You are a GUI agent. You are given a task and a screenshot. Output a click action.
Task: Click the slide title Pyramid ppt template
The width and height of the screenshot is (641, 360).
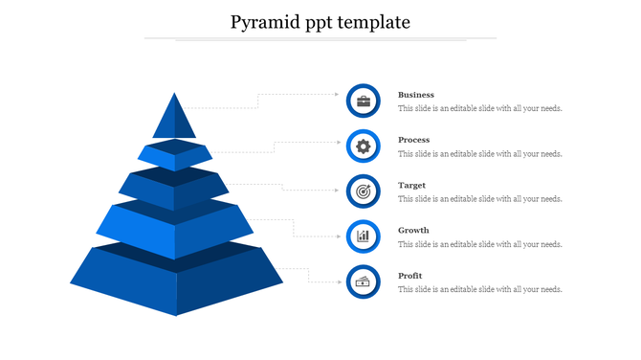[320, 21]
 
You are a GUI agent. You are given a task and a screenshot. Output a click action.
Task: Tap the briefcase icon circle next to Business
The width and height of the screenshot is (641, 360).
[364, 101]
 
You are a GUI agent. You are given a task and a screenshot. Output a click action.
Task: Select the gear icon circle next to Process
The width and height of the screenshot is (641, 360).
[364, 146]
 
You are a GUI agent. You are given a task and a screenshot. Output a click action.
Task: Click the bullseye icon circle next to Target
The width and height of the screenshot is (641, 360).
[364, 191]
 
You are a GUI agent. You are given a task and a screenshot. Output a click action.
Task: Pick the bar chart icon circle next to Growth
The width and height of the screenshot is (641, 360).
[364, 236]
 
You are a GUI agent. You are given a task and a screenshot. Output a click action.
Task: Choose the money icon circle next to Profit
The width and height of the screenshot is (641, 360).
[364, 281]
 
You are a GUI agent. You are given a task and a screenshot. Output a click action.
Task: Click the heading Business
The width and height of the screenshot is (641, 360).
[416, 95]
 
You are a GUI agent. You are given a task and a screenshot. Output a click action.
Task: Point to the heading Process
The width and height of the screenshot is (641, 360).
[413, 140]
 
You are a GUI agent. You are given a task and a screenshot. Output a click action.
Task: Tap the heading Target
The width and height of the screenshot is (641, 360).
[411, 185]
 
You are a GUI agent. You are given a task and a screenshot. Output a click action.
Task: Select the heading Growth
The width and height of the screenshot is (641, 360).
[413, 230]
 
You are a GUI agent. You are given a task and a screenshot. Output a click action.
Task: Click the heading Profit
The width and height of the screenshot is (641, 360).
[409, 276]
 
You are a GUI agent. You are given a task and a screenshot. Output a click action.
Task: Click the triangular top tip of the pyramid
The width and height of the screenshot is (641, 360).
[174, 119]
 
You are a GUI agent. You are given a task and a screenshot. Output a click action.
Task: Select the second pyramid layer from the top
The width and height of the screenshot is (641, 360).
[174, 156]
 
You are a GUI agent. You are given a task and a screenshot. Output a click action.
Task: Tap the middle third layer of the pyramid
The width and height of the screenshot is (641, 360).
[174, 189]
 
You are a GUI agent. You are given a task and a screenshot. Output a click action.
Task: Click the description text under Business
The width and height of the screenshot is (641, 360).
[479, 109]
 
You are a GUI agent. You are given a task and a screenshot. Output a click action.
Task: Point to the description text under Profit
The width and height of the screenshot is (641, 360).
[479, 289]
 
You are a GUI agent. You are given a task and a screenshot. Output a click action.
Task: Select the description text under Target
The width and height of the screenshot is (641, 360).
[479, 199]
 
